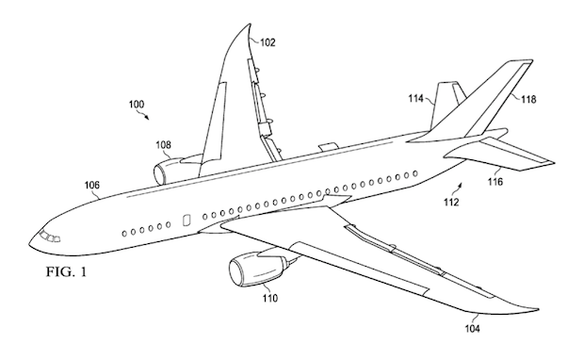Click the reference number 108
point(165,145)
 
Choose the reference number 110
point(269,301)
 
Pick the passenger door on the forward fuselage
point(185,220)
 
